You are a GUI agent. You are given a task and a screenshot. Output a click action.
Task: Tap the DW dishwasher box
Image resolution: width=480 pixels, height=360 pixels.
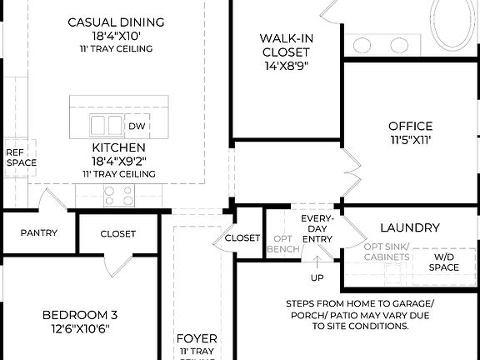[137, 127]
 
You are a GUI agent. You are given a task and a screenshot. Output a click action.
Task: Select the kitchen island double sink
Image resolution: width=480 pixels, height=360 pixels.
[107, 126]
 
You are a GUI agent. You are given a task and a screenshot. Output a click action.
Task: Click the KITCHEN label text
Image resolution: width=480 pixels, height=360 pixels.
[119, 147]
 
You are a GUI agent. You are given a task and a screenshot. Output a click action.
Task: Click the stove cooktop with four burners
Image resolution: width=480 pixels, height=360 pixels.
[118, 195]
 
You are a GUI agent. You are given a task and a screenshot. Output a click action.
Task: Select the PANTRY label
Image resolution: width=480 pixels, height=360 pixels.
[39, 233]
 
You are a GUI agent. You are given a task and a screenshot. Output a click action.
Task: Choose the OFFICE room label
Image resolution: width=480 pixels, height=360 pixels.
[410, 127]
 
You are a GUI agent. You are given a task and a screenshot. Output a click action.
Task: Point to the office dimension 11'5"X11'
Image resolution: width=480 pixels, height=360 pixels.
[410, 141]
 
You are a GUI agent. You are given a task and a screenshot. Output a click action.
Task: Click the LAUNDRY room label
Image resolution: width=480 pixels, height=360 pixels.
[409, 227]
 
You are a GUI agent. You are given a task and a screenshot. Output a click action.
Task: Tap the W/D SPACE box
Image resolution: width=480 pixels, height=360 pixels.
[444, 262]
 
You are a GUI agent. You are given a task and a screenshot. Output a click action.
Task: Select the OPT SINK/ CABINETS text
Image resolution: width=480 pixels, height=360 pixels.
[387, 252]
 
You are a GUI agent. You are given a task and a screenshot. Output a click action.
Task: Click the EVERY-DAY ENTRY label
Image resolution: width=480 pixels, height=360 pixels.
[317, 228]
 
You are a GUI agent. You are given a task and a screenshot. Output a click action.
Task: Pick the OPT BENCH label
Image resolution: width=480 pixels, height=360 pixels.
[282, 243]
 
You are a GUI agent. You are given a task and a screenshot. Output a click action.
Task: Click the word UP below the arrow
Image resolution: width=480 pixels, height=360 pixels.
[317, 277]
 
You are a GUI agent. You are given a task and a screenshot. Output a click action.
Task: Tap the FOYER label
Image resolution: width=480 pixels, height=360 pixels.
[197, 339]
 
